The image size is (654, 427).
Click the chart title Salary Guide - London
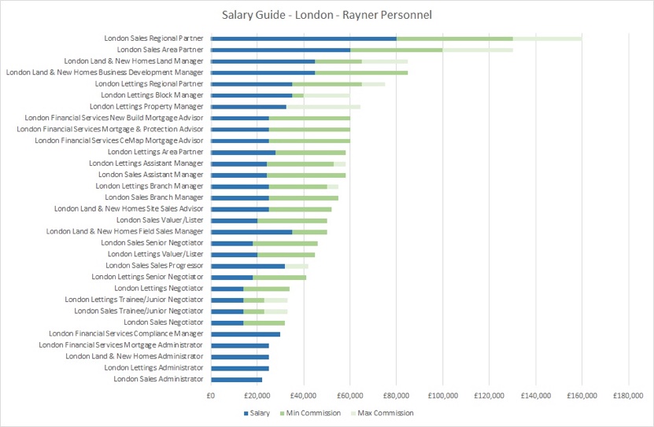pyautogui.click(x=326, y=14)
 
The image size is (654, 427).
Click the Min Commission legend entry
pyautogui.click(x=314, y=413)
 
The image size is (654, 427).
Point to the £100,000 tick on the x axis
pyautogui.click(x=442, y=396)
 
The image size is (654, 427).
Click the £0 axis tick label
pyautogui.click(x=211, y=396)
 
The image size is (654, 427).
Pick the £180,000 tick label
pyautogui.click(x=627, y=396)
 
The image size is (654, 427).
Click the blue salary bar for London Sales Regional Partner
pyautogui.click(x=304, y=38)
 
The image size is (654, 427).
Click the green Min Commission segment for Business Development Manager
pyautogui.click(x=361, y=72)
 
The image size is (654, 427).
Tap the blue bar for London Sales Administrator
pyautogui.click(x=236, y=379)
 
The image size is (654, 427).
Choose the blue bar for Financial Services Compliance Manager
pyautogui.click(x=246, y=334)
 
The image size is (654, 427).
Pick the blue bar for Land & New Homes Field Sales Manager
pyautogui.click(x=252, y=232)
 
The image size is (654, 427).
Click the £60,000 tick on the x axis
pyautogui.click(x=349, y=396)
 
